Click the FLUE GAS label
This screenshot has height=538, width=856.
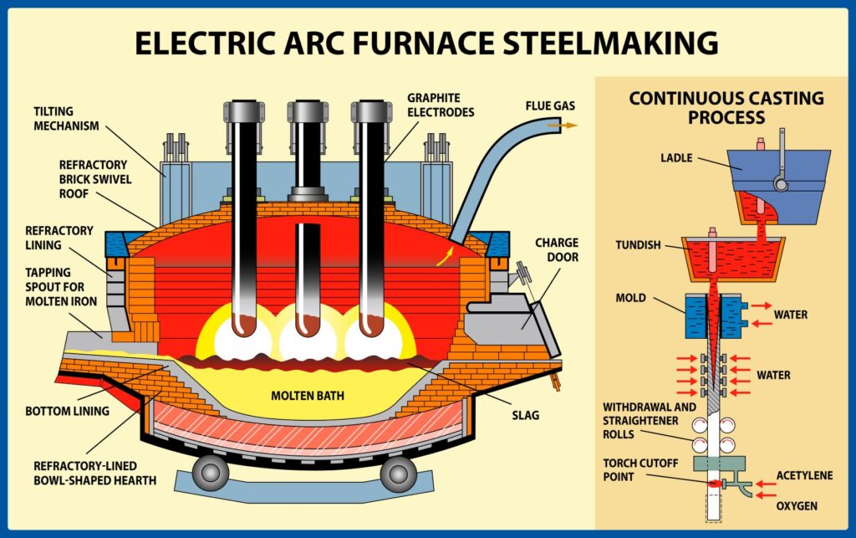click(550, 106)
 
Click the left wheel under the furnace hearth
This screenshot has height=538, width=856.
click(211, 472)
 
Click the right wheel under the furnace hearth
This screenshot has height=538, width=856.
click(399, 472)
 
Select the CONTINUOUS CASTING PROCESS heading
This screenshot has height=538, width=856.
click(726, 107)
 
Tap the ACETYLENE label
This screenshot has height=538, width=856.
click(804, 476)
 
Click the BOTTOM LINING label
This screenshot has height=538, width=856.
click(67, 412)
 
